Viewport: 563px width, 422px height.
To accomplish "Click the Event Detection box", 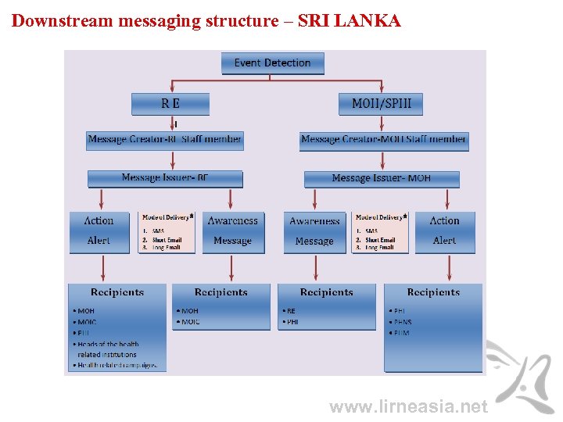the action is [x=272, y=63].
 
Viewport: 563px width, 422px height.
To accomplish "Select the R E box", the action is [x=170, y=104].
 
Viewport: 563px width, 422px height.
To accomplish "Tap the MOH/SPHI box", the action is [x=381, y=104].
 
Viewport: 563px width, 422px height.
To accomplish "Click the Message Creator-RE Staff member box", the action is [x=165, y=140].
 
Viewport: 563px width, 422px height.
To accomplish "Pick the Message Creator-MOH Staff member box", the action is [x=384, y=140].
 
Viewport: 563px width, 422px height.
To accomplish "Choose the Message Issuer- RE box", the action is [x=165, y=178].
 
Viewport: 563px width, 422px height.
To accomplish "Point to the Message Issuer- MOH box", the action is [x=382, y=178].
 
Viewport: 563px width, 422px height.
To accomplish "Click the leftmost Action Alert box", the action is [x=99, y=231].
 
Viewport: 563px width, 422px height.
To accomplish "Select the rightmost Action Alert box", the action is [x=444, y=231].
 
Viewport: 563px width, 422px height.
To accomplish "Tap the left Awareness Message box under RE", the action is [x=233, y=231].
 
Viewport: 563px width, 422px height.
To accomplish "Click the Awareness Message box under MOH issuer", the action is [x=314, y=231].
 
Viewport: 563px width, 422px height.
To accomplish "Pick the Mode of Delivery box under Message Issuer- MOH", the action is [x=381, y=231].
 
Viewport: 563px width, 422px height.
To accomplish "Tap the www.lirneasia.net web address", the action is [x=408, y=406].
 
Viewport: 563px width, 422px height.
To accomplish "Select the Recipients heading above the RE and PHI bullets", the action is [x=327, y=292].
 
